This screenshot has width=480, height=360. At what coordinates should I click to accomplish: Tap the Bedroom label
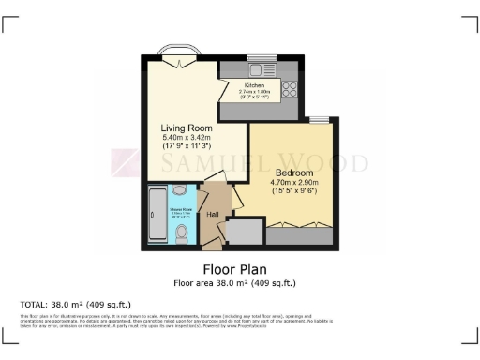[292, 172]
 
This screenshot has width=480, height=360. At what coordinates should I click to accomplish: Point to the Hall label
[213, 214]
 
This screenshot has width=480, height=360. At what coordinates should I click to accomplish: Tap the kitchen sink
[256, 67]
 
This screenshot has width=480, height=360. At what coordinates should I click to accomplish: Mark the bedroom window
[320, 119]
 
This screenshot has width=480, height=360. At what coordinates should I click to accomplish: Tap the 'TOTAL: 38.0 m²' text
[76, 305]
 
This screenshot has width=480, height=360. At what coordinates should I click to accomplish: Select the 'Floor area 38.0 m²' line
[240, 282]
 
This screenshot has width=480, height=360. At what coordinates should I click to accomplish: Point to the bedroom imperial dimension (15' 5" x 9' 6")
[293, 191]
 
